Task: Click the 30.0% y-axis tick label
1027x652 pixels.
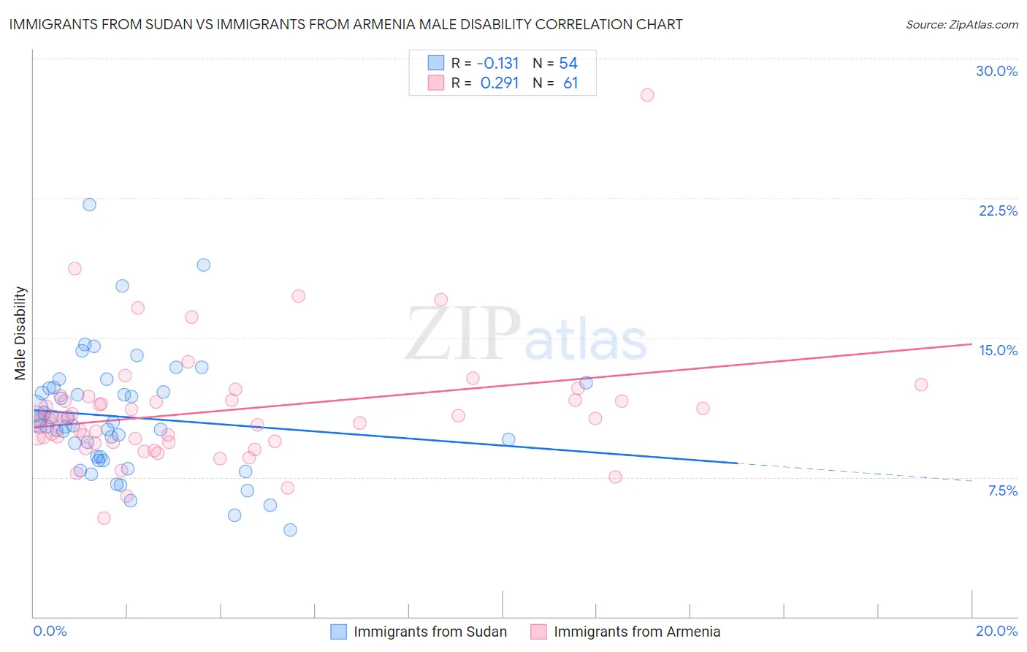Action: point(996,71)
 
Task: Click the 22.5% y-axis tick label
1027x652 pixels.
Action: point(998,211)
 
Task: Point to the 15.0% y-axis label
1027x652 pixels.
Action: point(998,350)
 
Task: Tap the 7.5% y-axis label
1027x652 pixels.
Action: point(1002,490)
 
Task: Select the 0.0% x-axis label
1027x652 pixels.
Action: point(50,631)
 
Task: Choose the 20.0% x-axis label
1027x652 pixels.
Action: point(996,631)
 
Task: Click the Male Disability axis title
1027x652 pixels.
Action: point(20,333)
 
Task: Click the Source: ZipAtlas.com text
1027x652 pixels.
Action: point(961,24)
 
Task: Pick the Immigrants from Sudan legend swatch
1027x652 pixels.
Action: point(338,632)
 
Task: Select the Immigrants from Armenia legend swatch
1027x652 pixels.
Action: point(538,632)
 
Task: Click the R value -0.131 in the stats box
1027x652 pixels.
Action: point(499,63)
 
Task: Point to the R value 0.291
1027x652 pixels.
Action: point(499,83)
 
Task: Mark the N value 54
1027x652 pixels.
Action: point(568,63)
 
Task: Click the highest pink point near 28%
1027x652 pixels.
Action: point(647,95)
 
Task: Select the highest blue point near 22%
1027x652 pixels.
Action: point(89,205)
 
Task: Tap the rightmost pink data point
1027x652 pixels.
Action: point(921,384)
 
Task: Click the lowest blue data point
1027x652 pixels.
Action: point(290,530)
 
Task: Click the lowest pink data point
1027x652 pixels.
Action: point(104,518)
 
